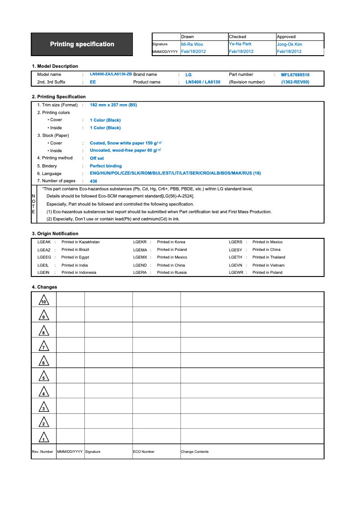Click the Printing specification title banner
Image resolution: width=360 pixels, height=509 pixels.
tap(82, 44)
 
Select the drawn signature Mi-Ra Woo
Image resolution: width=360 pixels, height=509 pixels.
tap(192, 44)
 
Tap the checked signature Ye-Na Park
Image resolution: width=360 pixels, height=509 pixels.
tap(240, 44)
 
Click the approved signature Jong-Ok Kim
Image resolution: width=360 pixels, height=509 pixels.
tap(289, 44)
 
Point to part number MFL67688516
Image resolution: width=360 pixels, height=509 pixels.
tap(295, 75)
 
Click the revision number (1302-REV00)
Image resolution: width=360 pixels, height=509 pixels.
tap(295, 82)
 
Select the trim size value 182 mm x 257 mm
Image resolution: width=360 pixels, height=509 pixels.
tap(113, 105)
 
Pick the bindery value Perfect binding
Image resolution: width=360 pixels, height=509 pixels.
tap(105, 166)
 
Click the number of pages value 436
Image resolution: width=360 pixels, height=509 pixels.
tap(93, 181)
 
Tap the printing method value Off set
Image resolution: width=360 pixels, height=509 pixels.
tap(97, 158)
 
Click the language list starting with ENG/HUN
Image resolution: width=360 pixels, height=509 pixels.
tap(175, 173)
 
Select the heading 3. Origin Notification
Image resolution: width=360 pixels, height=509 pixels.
tap(55, 233)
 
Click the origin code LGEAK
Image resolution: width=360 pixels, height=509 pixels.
tap(44, 242)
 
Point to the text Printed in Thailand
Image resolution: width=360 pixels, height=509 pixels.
tap(268, 257)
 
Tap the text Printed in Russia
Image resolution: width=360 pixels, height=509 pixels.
tap(171, 272)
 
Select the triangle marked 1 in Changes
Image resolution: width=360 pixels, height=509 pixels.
tap(44, 437)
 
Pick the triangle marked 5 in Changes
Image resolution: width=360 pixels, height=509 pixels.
tap(44, 376)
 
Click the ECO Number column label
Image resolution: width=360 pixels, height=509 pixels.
tap(144, 452)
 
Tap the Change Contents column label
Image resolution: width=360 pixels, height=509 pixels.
tap(194, 452)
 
